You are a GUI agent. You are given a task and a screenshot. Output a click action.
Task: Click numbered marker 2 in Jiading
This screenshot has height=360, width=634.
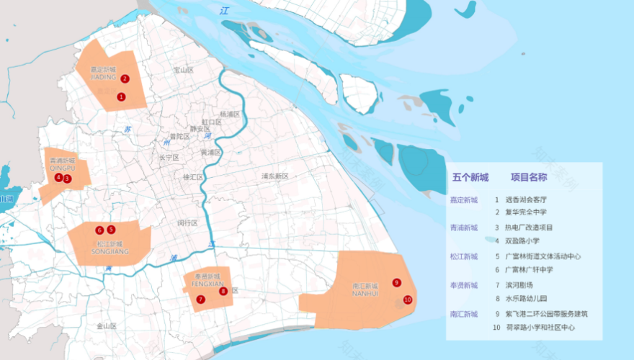pyautogui.click(x=125, y=79)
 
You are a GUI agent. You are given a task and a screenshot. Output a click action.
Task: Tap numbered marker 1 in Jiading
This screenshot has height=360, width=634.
pyautogui.click(x=121, y=96)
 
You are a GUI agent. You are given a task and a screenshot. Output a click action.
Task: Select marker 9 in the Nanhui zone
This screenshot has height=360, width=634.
pyautogui.click(x=396, y=282)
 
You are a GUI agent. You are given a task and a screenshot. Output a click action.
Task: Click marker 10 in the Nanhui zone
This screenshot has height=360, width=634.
pyautogui.click(x=407, y=300)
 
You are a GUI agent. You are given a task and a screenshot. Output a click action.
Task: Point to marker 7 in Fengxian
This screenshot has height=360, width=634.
pyautogui.click(x=201, y=300)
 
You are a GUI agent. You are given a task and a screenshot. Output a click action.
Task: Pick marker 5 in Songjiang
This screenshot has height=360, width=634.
pyautogui.click(x=111, y=230)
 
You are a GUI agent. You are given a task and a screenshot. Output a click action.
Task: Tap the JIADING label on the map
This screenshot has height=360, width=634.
pyautogui.click(x=103, y=77)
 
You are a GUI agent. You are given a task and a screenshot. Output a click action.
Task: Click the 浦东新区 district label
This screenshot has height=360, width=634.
pyautogui.click(x=274, y=176)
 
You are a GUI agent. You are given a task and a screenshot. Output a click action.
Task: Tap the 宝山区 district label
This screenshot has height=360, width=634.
pyautogui.click(x=184, y=70)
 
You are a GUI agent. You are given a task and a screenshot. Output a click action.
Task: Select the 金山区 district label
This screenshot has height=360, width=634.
pyautogui.click(x=107, y=326)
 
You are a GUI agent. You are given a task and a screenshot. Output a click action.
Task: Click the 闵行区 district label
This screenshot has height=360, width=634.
pyautogui.click(x=187, y=223)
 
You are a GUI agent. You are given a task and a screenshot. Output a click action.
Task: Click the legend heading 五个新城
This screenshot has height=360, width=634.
pyautogui.click(x=470, y=178)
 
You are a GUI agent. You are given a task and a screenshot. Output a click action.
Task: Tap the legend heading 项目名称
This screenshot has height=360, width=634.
pyautogui.click(x=530, y=178)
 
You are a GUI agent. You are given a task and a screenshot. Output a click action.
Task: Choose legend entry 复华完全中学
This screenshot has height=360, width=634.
pyautogui.click(x=525, y=212)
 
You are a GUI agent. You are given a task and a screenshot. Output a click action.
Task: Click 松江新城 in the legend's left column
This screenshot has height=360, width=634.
pyautogui.click(x=464, y=256)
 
